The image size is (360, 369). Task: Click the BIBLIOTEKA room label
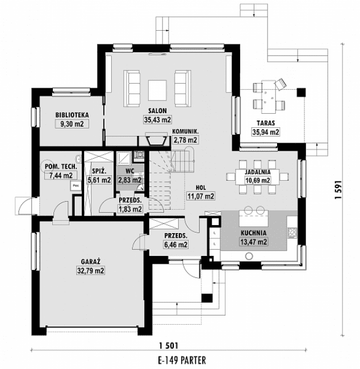point(71,114)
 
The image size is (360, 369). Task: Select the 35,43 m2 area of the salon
point(157,120)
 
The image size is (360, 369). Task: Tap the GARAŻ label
point(90,262)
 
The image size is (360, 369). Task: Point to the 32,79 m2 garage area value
point(90,271)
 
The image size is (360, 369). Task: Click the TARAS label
point(266,123)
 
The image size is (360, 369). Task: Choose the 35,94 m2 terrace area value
point(266,132)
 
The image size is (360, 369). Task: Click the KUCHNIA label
point(254,233)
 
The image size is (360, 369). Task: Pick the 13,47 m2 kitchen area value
point(254,242)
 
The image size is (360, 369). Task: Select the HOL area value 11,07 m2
point(201,196)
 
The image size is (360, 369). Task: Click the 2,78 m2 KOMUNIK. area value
point(185,139)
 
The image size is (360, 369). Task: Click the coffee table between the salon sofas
point(157,89)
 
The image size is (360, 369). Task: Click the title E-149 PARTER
point(167,360)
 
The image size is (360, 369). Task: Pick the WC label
point(129,171)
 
